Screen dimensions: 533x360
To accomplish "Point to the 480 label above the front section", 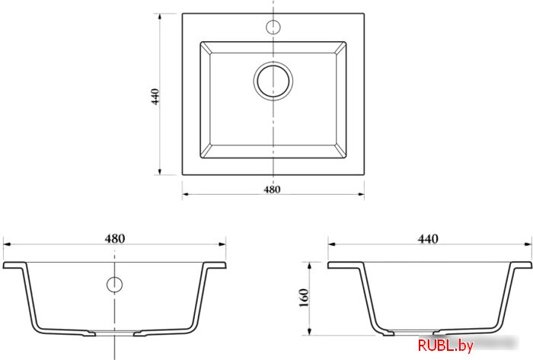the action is point(114,238).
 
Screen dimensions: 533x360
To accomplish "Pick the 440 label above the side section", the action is point(428,239).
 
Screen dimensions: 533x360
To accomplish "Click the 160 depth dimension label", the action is point(304,298).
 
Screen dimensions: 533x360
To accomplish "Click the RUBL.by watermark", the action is point(445,346).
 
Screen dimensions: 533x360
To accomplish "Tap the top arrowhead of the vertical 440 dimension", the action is point(160,17).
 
